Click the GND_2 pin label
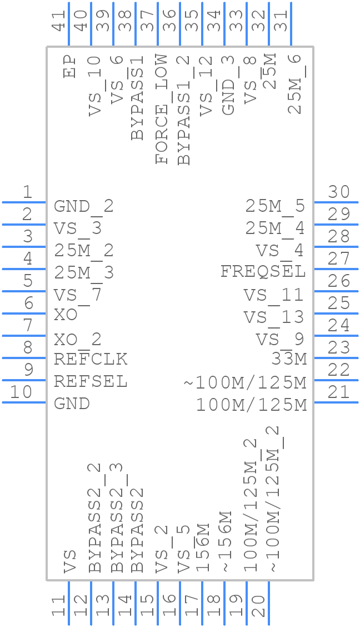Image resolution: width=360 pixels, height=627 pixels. click(84, 206)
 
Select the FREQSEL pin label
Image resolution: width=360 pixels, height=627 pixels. click(263, 271)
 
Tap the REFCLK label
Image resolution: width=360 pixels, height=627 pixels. click(91, 359)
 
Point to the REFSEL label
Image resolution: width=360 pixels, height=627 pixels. click(91, 381)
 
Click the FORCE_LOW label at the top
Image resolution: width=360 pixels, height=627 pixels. click(161, 109)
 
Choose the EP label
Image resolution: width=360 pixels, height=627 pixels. click(69, 66)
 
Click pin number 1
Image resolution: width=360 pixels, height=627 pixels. click(27, 192)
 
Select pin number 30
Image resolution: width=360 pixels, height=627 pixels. click(338, 192)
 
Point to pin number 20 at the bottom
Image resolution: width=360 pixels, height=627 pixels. click(258, 606)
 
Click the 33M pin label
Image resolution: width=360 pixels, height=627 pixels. click(289, 359)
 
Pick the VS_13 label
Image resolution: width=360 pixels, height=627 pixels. click(274, 317)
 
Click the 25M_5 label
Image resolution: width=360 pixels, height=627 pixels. click(276, 206)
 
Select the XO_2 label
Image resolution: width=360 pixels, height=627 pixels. click(78, 339)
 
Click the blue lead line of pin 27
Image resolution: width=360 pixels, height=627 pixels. click(336, 269)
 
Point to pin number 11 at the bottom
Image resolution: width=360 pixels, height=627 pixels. click(58, 606)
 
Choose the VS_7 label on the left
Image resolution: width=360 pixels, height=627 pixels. click(78, 295)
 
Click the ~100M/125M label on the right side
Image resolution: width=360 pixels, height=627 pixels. click(245, 382)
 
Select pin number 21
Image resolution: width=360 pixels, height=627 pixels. click(338, 392)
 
